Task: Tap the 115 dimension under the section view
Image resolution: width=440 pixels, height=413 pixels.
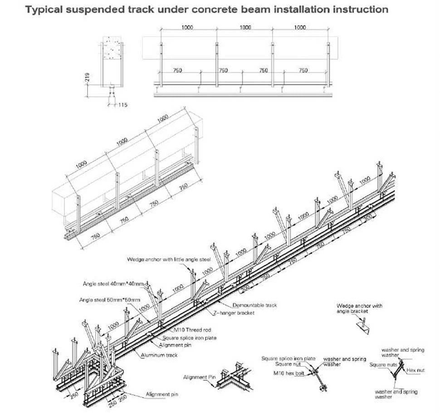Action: tap(122, 105)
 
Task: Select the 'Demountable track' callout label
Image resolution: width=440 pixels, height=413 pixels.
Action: tap(254, 305)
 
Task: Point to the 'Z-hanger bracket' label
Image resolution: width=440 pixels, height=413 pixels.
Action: tap(234, 313)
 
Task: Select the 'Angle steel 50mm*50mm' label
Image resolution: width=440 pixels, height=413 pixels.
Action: tap(109, 300)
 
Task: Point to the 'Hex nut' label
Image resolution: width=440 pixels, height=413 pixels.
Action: tap(416, 370)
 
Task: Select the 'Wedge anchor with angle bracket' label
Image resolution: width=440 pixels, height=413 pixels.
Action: tap(360, 309)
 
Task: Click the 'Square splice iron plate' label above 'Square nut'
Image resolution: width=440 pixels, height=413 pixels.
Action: tap(288, 359)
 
